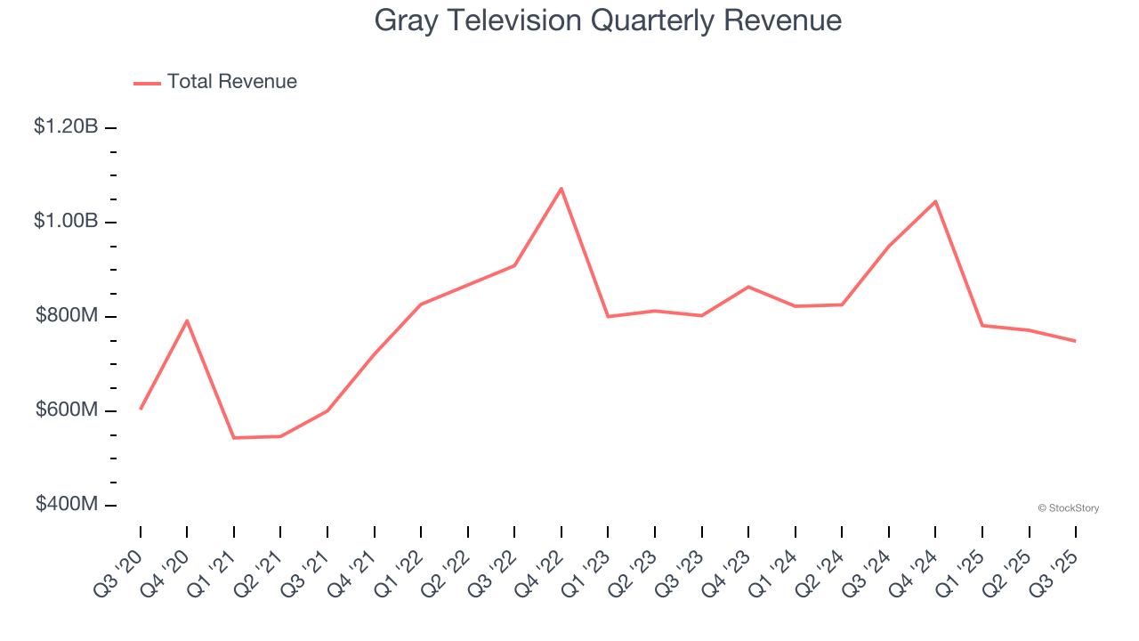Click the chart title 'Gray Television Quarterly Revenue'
(x=608, y=20)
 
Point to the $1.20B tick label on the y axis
(x=66, y=127)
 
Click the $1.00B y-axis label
(x=66, y=221)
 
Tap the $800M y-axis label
(x=67, y=315)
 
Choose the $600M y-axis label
(x=67, y=410)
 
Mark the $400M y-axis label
(x=67, y=504)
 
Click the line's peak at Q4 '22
(x=561, y=189)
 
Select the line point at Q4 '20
(x=187, y=320)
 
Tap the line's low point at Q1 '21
(x=234, y=438)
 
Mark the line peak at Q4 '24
(x=935, y=201)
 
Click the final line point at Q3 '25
(x=1076, y=341)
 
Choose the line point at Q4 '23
(x=748, y=287)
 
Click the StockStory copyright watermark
(x=1068, y=508)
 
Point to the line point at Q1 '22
(x=421, y=304)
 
